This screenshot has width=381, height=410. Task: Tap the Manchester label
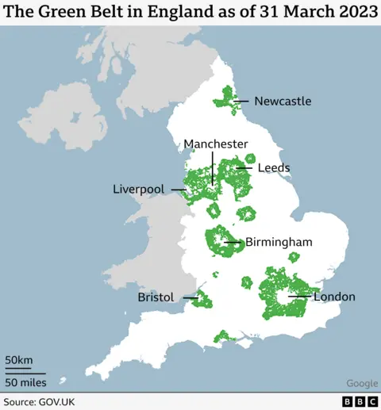[216, 144]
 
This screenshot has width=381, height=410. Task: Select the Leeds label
[274, 168]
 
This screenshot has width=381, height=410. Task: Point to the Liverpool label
[138, 190]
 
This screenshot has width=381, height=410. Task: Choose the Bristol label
[156, 297]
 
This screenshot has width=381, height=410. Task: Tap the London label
[334, 297]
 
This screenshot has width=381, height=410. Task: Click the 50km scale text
[20, 362]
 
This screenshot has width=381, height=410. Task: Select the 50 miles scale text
[25, 382]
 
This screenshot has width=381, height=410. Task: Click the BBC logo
[360, 402]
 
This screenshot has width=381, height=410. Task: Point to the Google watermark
[361, 384]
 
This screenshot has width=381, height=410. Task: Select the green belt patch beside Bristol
[202, 301]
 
